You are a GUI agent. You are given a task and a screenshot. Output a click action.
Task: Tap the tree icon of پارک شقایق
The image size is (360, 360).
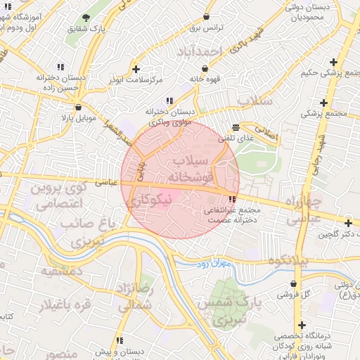coord(86,18)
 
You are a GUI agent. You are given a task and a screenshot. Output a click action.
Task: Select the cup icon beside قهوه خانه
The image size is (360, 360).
coord(204,69)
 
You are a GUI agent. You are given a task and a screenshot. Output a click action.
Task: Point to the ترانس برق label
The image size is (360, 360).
coord(205,27)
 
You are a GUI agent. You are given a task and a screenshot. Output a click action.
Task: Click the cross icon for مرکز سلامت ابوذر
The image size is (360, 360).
coord(136,69)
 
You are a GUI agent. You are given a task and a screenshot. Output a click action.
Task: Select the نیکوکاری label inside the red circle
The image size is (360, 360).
coord(147,200)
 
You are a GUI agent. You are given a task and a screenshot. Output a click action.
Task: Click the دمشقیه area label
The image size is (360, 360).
coord(62,271)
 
